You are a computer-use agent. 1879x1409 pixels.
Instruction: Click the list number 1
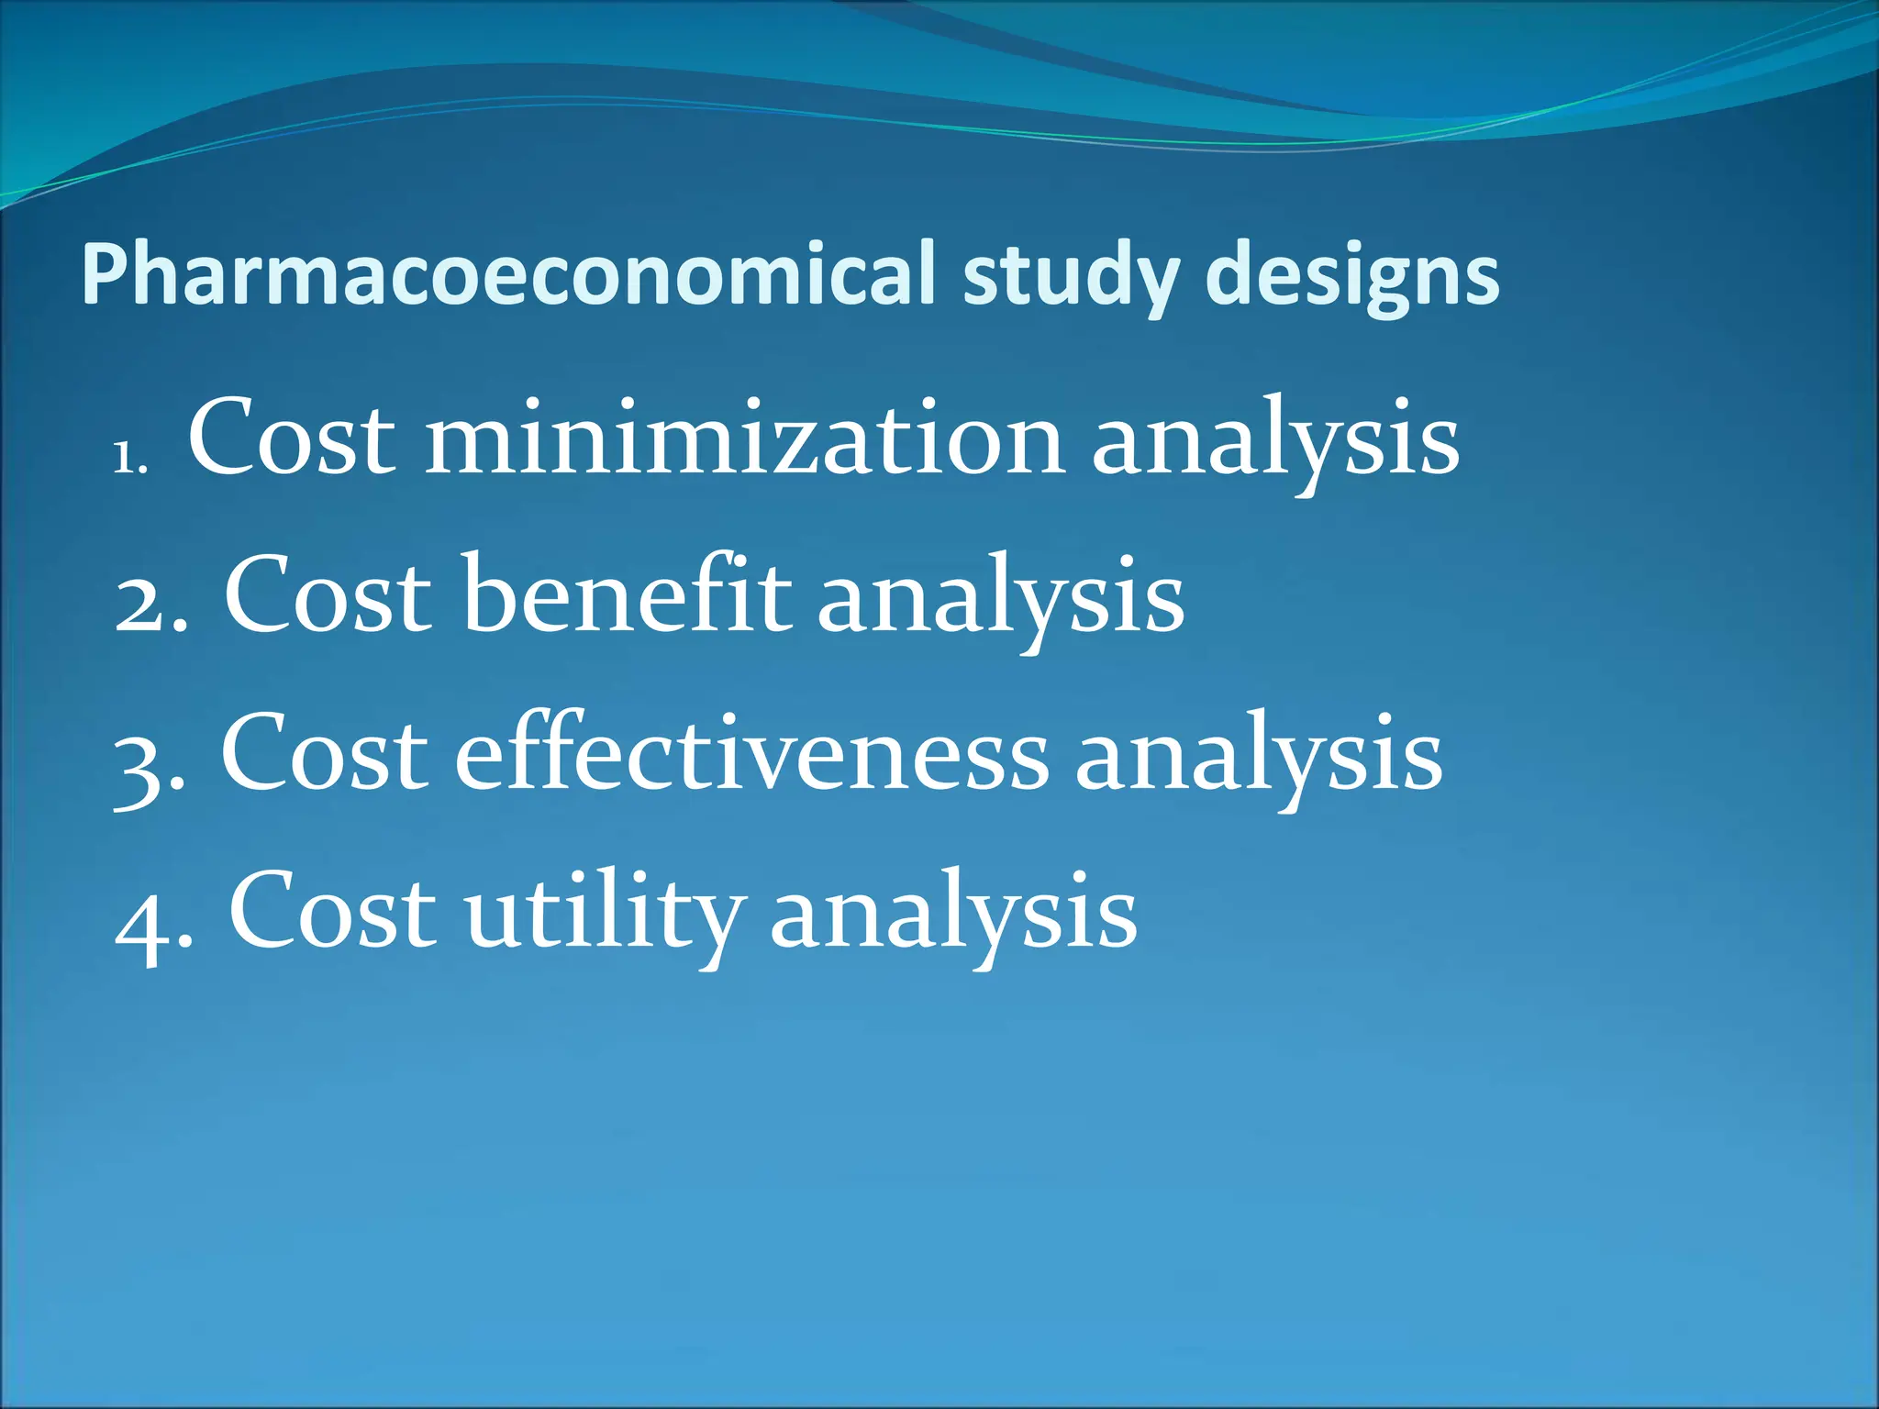(x=128, y=457)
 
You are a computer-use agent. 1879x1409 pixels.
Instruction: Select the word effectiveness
(x=751, y=754)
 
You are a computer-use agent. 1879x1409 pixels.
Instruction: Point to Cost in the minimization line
(x=292, y=438)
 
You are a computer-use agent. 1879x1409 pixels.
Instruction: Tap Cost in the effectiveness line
(x=324, y=754)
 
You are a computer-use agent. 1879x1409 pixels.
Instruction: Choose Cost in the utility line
(x=332, y=913)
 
